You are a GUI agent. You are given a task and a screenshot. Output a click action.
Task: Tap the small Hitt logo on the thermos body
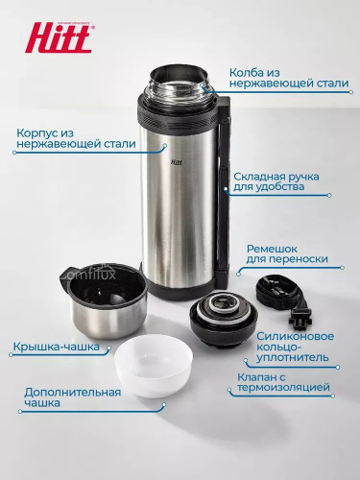pyautogui.click(x=176, y=162)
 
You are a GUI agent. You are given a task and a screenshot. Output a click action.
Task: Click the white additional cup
pyautogui.click(x=154, y=366)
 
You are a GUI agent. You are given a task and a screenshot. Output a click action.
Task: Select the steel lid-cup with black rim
pyautogui.click(x=103, y=300)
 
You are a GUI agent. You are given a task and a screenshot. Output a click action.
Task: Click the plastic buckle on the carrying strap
pyautogui.click(x=300, y=320)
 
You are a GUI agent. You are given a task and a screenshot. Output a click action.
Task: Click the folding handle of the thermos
pyautogui.click(x=223, y=189)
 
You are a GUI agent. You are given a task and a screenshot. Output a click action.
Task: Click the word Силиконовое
pyautogui.click(x=295, y=336)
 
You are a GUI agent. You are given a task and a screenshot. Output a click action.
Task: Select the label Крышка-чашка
pyautogui.click(x=57, y=347)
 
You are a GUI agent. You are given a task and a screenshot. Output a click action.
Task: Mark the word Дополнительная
pyautogui.click(x=73, y=393)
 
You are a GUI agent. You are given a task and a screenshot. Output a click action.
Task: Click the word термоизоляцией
pyautogui.click(x=283, y=388)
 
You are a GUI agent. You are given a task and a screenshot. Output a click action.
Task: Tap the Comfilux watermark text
pyautogui.click(x=88, y=274)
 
